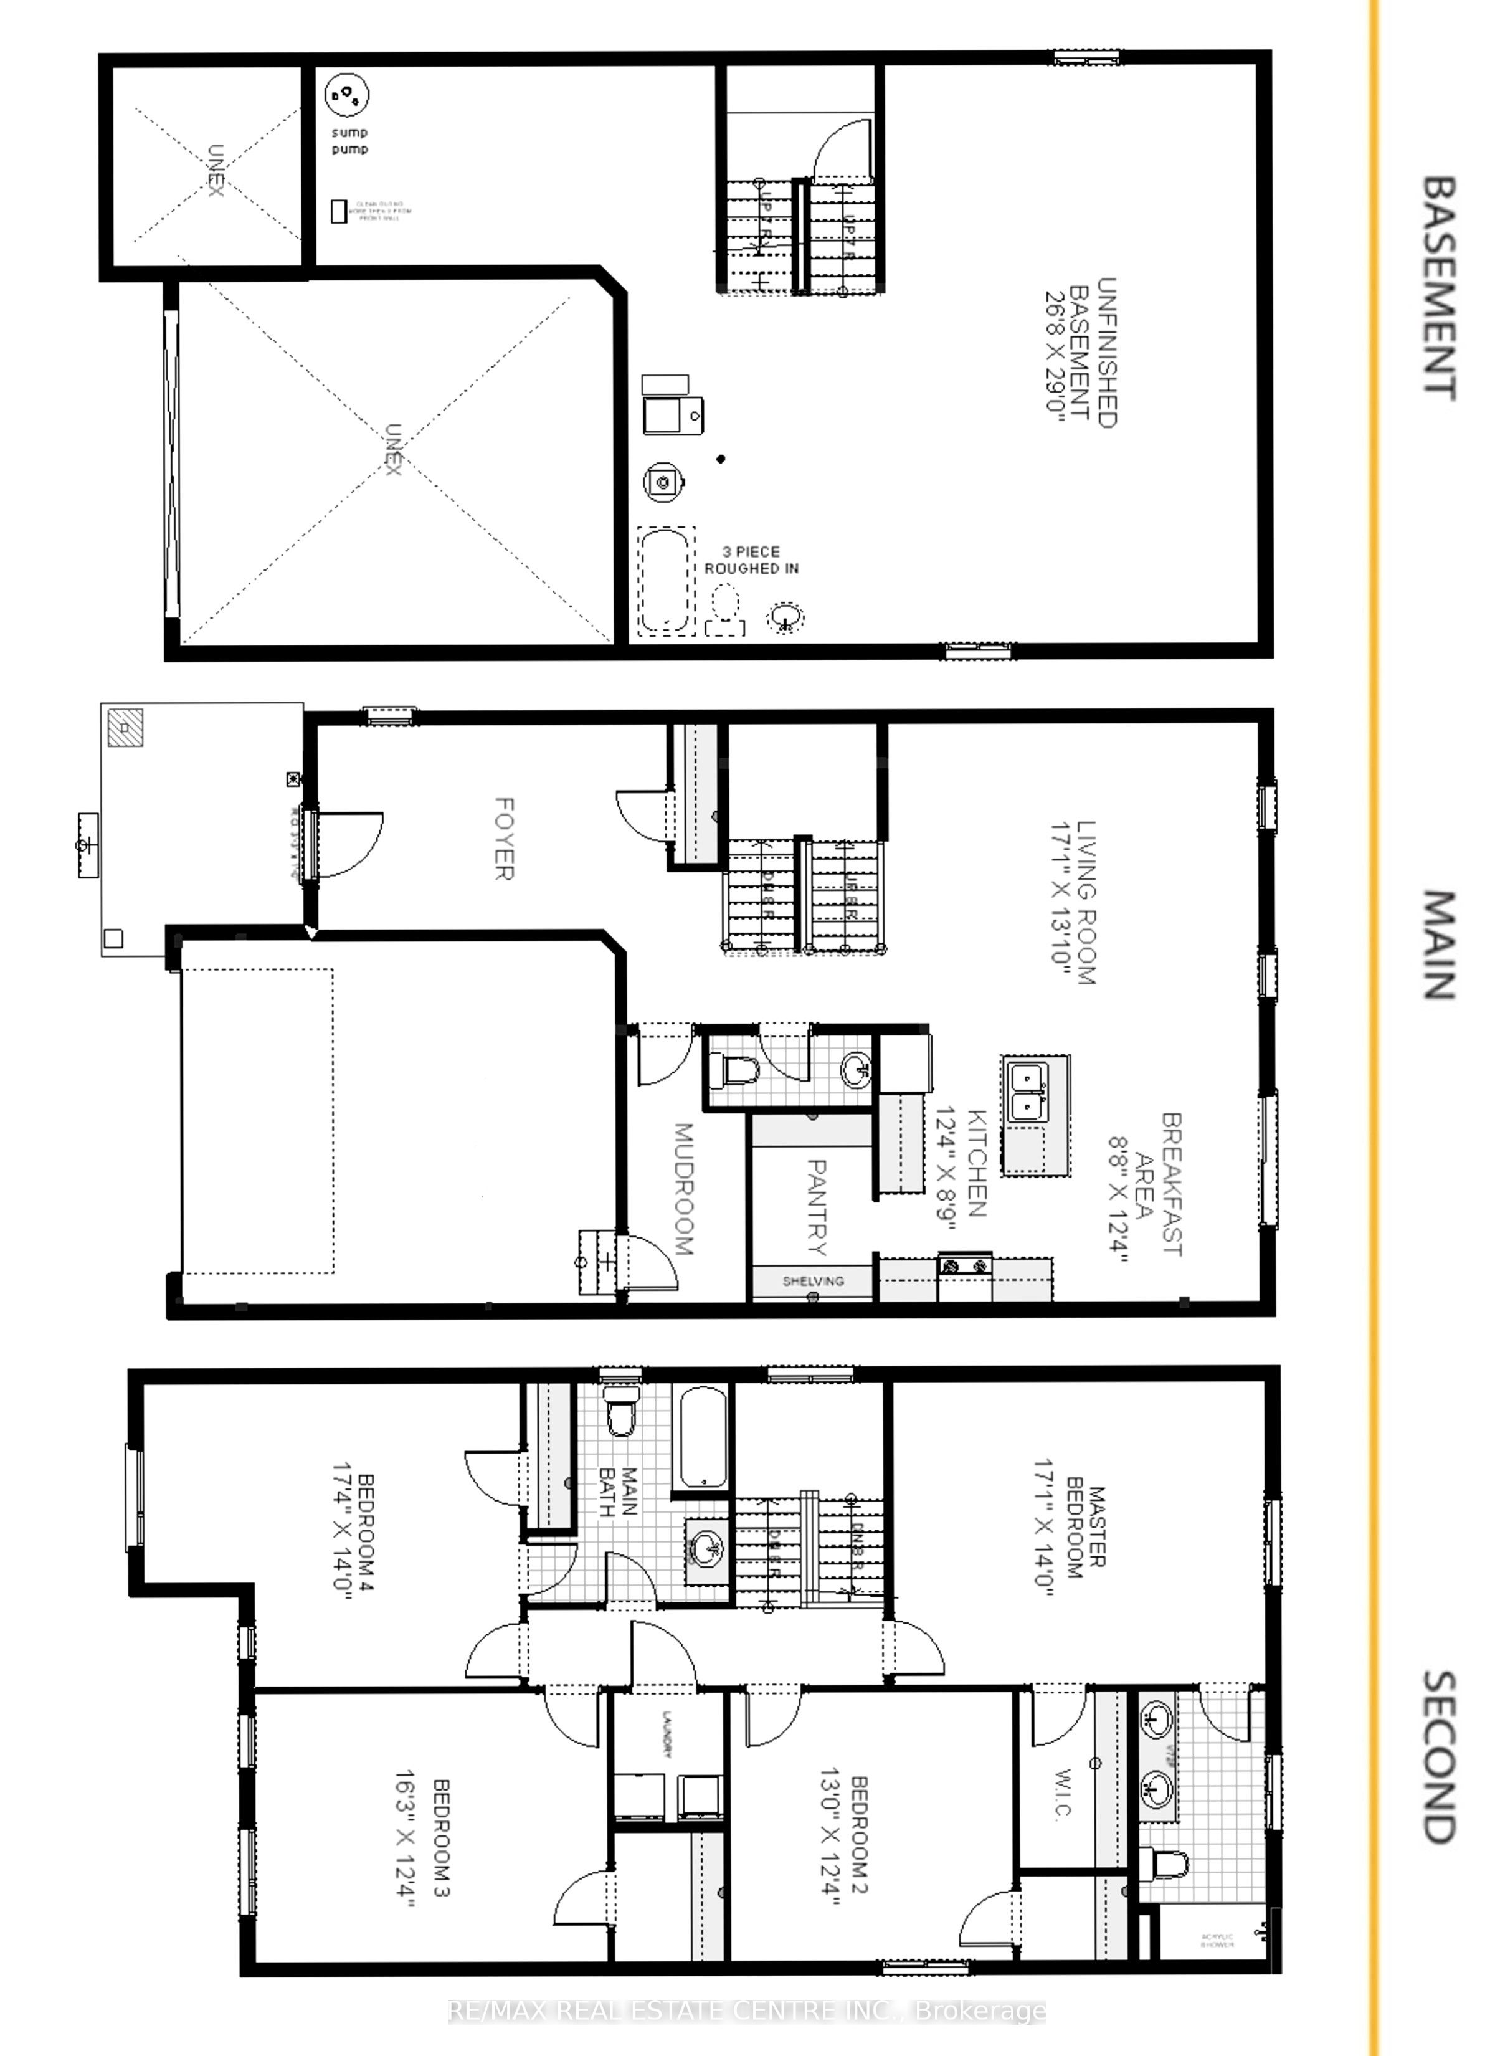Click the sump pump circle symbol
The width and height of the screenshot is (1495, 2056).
[346, 94]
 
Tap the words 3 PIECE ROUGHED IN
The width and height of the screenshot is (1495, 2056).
[752, 560]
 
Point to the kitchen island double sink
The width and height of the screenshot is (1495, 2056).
[1028, 1092]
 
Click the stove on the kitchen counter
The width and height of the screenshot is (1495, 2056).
[965, 1265]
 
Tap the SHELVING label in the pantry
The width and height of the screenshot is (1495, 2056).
[814, 1281]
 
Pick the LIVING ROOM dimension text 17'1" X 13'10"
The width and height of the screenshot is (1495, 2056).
[1061, 904]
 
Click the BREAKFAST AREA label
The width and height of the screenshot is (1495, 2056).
[1159, 1184]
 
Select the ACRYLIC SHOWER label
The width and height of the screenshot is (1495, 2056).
[1217, 1941]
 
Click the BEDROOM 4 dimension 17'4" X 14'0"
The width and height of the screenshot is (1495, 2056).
[342, 1531]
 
